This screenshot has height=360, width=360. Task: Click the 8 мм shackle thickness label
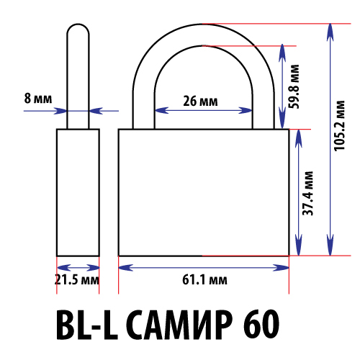pos(38,99)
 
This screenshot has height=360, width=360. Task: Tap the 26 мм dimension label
pos(200,101)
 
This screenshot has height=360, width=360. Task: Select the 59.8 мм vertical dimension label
pos(294,86)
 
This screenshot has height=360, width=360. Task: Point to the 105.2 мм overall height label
pos(340,126)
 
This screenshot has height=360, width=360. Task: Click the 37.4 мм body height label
pos(308,194)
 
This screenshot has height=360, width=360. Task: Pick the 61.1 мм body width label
pos(204,280)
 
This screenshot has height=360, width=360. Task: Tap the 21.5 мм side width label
pos(77,279)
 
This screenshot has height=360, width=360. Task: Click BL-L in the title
pos(87,325)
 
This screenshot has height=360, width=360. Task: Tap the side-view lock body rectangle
pos(78,192)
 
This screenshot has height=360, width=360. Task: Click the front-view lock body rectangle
pos(204,192)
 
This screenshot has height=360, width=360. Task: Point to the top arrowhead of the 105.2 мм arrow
pos(330,32)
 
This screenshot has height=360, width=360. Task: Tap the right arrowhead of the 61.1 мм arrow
pos(281,268)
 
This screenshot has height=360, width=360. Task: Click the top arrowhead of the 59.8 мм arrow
pos(282,53)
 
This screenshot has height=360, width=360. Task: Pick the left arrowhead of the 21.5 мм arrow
pos(64,268)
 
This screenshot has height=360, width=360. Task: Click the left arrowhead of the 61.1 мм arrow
pos(126,268)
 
